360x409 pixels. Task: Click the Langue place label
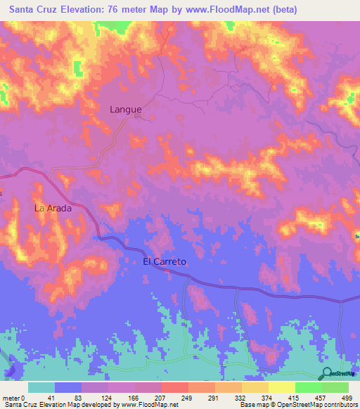point(126,110)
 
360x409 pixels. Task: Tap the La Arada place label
point(53,209)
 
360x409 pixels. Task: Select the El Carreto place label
point(165,261)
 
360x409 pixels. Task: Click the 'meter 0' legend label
point(14,397)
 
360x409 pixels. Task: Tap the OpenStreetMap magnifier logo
point(327,373)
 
